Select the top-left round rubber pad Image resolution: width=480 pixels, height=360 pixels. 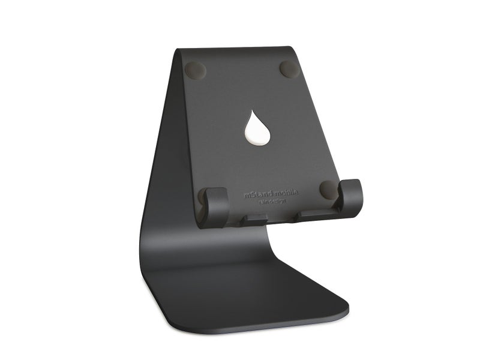click(x=196, y=70)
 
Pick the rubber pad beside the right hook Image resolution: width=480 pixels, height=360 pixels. click(x=329, y=190)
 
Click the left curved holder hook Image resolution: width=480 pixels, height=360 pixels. click(x=215, y=206)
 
